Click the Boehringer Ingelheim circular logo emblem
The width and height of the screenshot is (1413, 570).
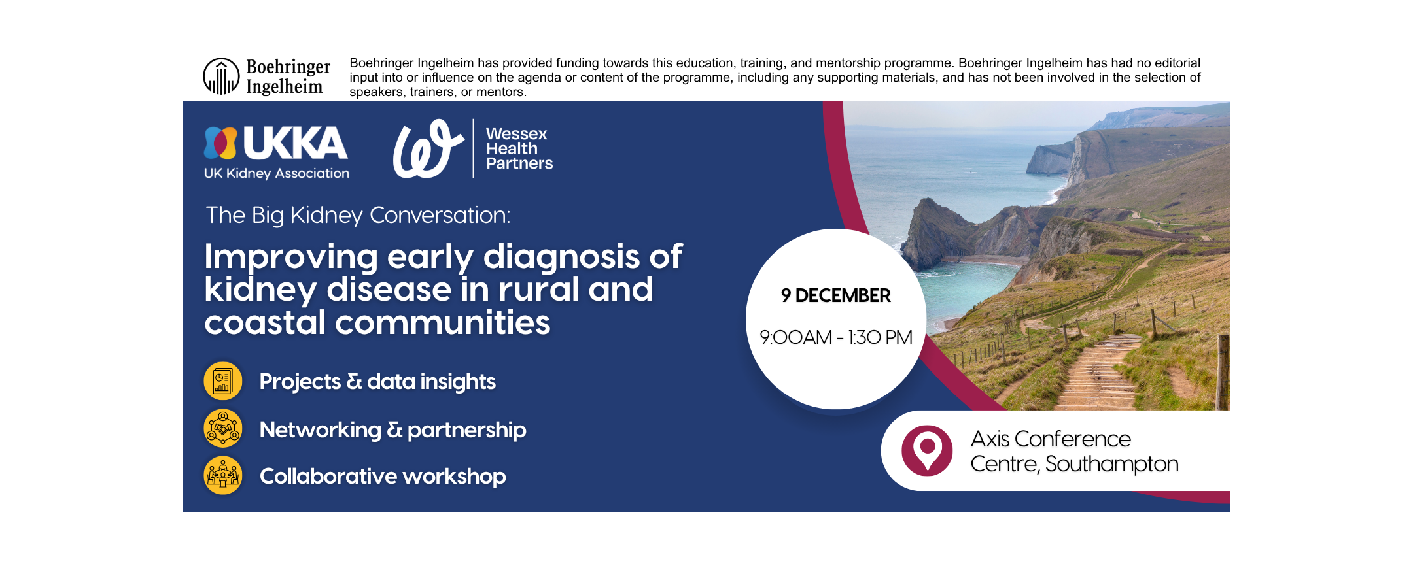221,76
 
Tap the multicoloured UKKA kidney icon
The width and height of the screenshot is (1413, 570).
220,143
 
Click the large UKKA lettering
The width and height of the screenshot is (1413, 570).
295,143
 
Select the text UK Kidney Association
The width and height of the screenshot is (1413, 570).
277,173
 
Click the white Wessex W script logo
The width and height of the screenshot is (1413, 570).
428,148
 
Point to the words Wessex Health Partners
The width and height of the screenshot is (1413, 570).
519,148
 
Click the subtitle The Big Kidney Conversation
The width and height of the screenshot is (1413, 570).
358,215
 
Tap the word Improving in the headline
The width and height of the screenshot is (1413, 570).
291,257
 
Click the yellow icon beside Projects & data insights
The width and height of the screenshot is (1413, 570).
223,381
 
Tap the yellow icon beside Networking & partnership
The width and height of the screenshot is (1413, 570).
223,428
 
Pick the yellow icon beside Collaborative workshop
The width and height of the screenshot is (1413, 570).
223,475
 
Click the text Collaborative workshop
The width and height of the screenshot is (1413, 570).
383,477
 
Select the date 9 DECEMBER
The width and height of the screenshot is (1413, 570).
835,295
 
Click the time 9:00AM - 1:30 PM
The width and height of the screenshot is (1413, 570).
835,337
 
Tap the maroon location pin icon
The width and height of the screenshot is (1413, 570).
927,450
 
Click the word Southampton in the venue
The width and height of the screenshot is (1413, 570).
1111,464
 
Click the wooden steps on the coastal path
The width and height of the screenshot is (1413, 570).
1099,373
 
